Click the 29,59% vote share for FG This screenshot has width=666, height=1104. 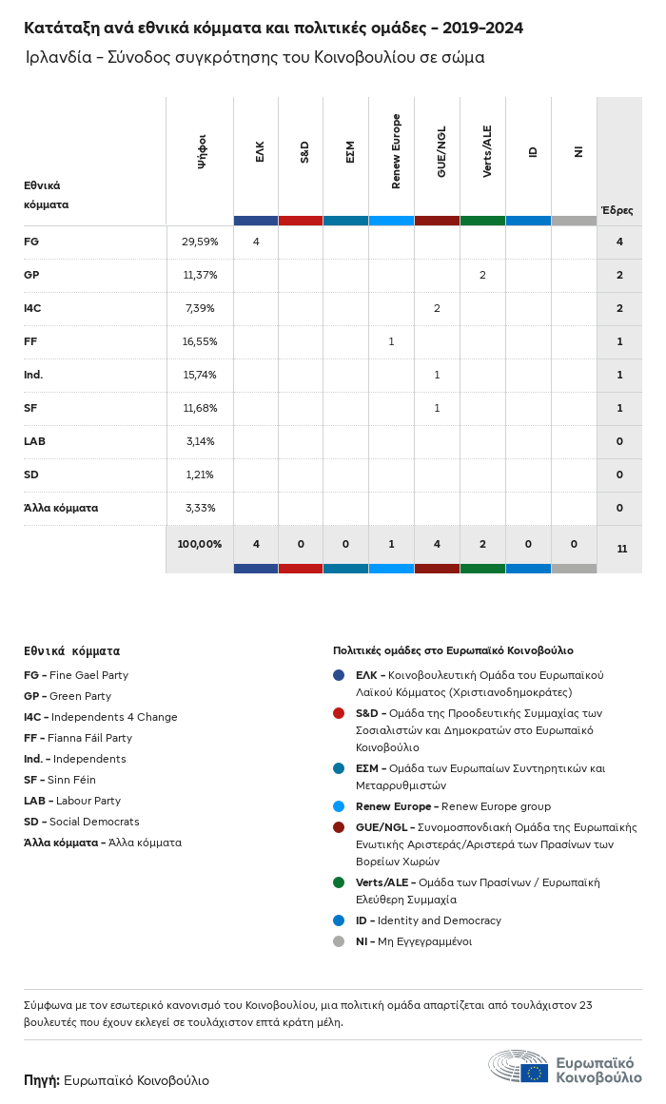point(200,242)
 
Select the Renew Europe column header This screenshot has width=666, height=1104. point(396,151)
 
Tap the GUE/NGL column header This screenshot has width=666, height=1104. point(441,152)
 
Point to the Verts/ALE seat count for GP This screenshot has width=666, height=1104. point(482,275)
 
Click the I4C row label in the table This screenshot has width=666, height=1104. point(32,308)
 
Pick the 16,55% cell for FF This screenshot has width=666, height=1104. point(200,341)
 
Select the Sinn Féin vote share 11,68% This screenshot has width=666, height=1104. point(200,408)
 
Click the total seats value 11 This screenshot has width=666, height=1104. point(621,549)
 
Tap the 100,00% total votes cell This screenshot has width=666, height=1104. point(200,544)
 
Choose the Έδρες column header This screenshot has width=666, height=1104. point(617,210)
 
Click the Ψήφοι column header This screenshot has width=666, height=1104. point(202,151)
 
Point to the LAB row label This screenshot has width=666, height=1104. point(34,441)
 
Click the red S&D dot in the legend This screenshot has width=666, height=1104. point(339,713)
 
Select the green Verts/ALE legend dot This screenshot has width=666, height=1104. point(339,882)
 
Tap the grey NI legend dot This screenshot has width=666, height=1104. point(339,941)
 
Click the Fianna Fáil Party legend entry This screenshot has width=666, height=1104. point(78,738)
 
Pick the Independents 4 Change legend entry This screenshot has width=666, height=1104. point(101,717)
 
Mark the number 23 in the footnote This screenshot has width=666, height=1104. point(586,1005)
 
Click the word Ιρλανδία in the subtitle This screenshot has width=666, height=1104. point(58,57)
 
